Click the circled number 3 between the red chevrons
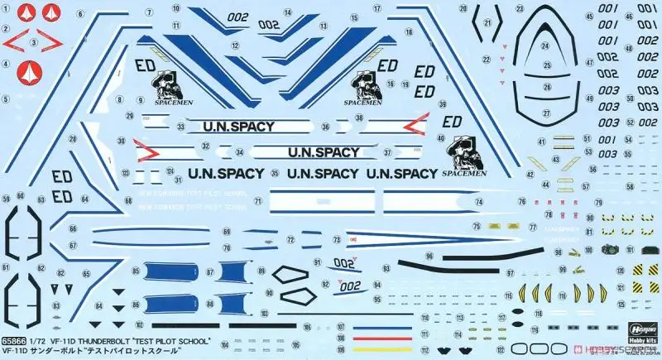pyautogui.click(x=34, y=41)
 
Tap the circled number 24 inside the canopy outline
pyautogui.click(x=544, y=46)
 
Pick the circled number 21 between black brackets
pyautogui.click(x=487, y=22)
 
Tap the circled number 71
pyautogui.click(x=258, y=201)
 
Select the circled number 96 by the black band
pyautogui.click(x=429, y=256)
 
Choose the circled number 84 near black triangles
pyautogui.click(x=99, y=307)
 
